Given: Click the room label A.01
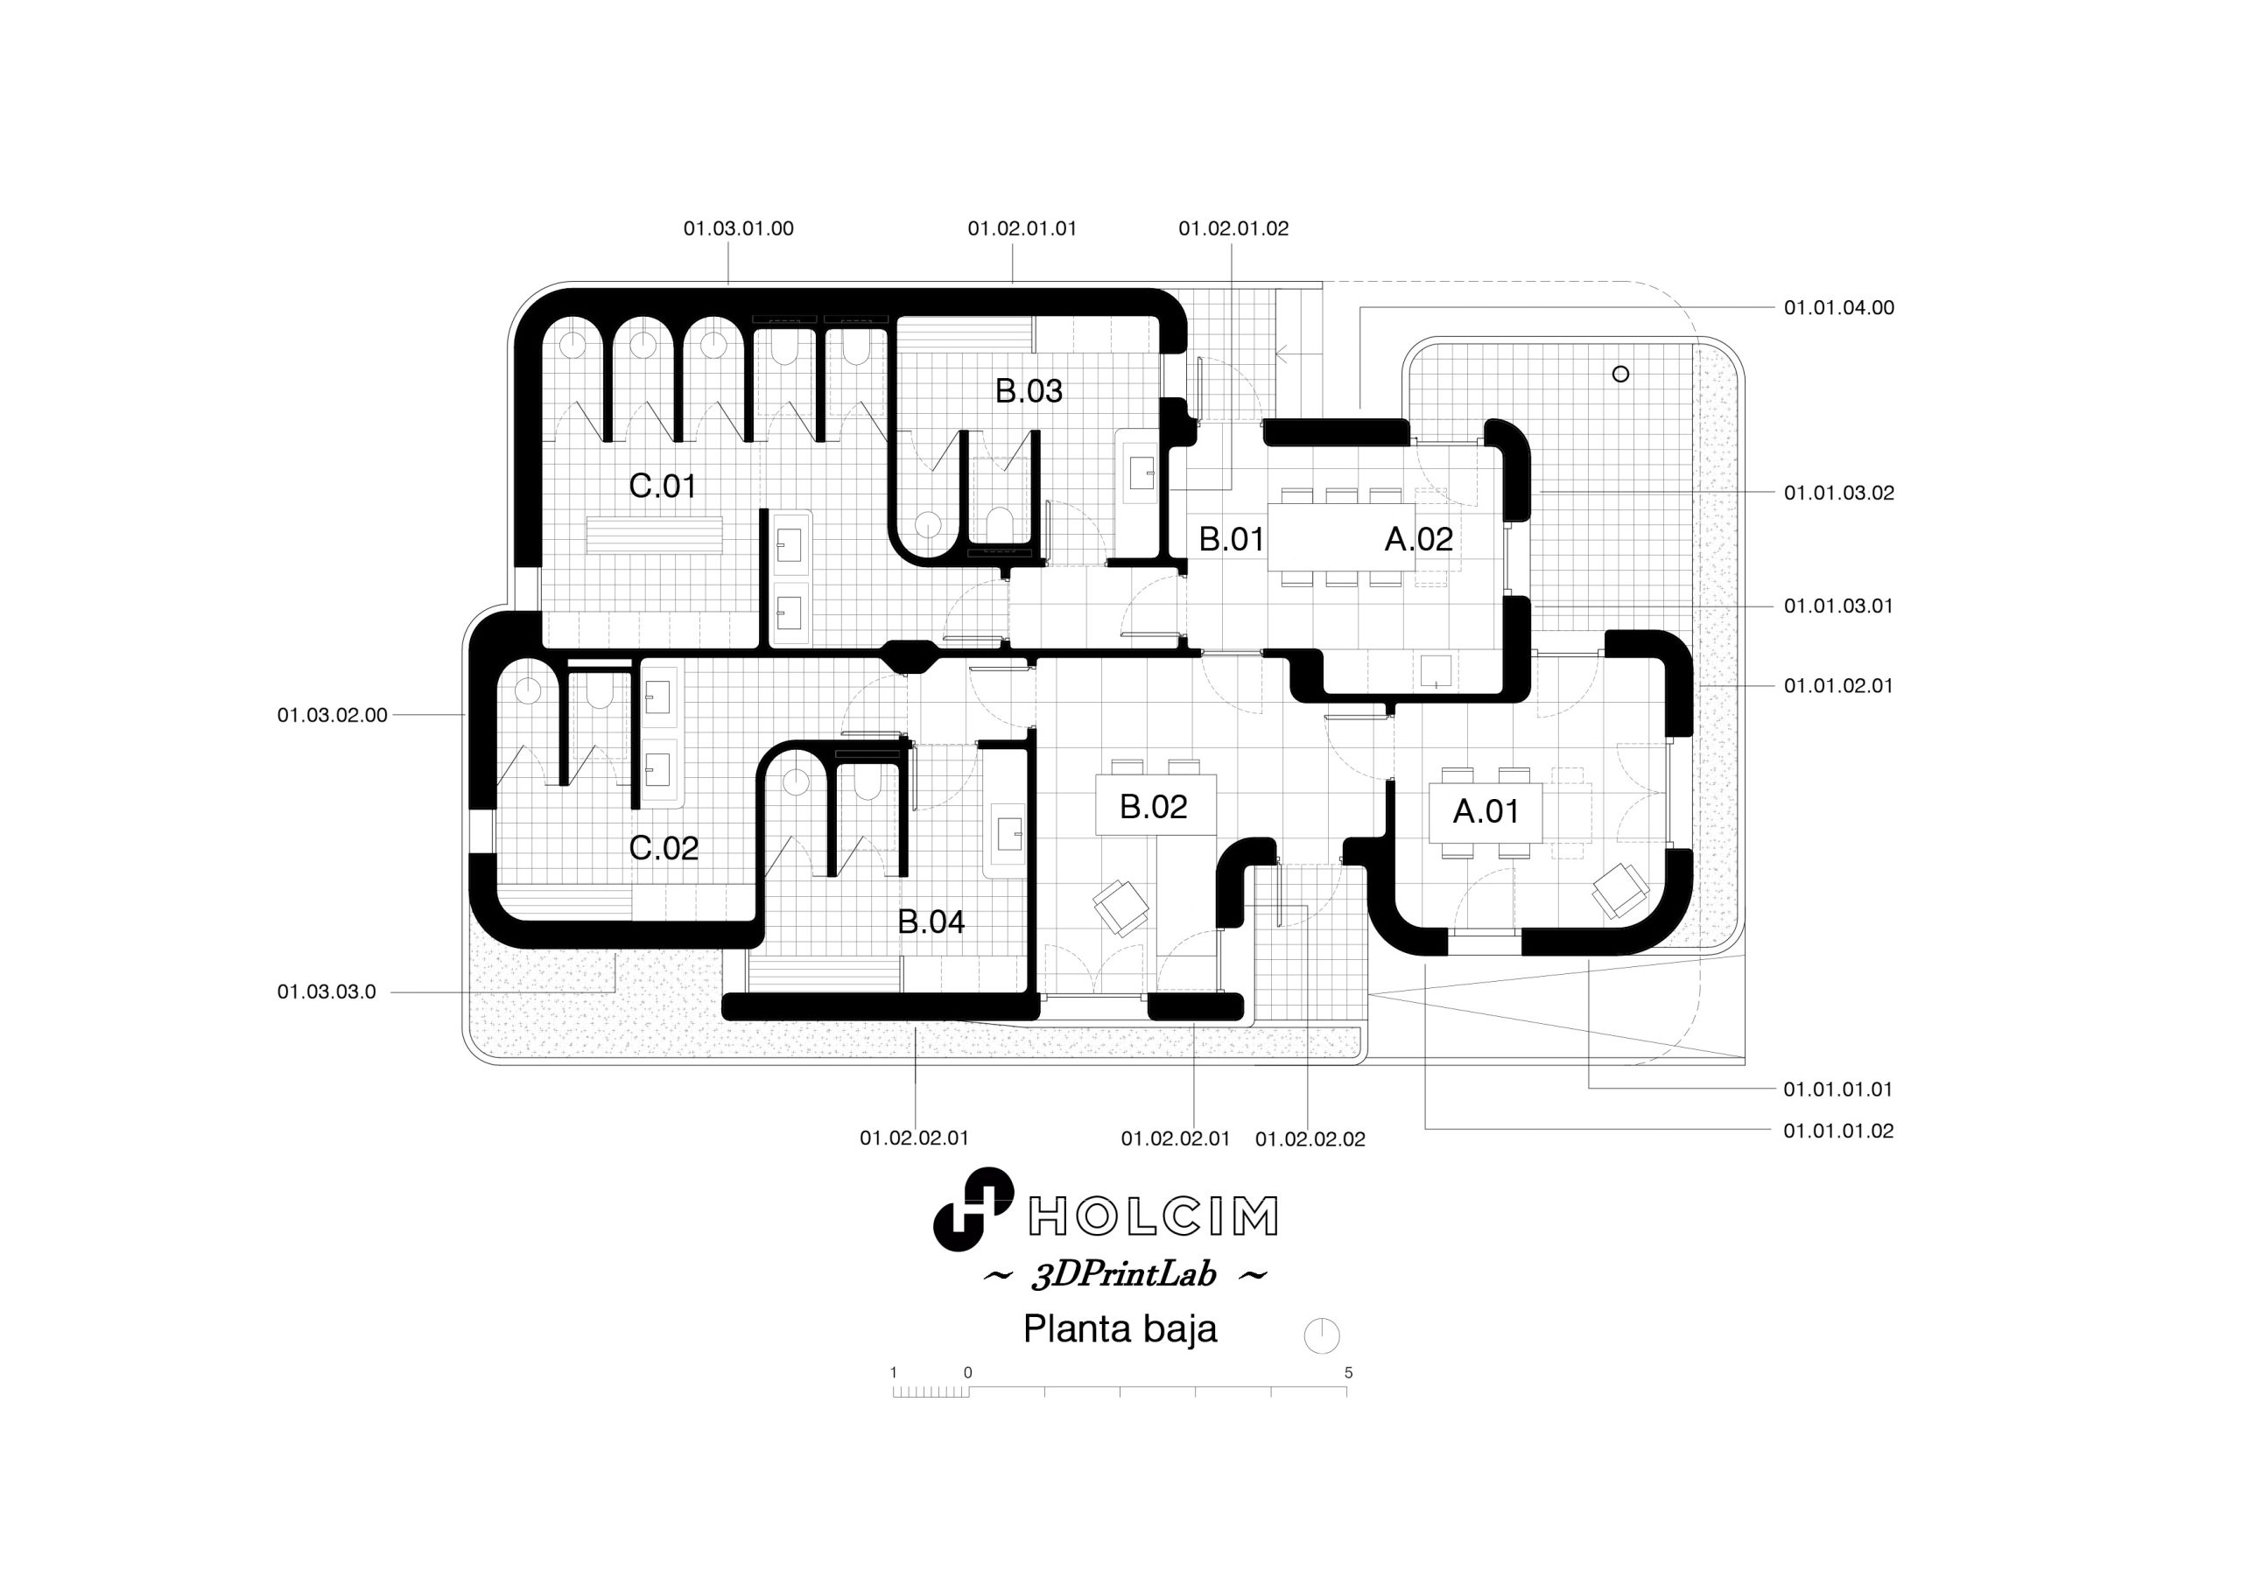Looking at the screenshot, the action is click(x=1486, y=812).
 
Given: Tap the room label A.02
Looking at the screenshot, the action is click(x=1418, y=539).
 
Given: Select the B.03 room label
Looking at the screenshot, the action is click(x=1029, y=391).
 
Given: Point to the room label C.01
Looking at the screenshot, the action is click(x=663, y=486).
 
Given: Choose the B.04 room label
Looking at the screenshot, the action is click(x=931, y=922).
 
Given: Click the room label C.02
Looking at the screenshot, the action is click(x=664, y=848).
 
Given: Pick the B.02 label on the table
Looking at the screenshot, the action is click(x=1154, y=807).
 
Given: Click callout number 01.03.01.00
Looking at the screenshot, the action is click(x=738, y=228).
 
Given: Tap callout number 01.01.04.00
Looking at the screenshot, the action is click(x=1839, y=308).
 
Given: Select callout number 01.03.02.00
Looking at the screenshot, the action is click(x=332, y=715).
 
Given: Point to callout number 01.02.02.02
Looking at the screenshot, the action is click(x=1310, y=1139).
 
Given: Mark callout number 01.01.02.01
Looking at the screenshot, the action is click(x=1839, y=686).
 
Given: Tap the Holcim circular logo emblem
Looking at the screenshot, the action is click(x=973, y=1209).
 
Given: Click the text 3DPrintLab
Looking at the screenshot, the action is click(x=1124, y=1276).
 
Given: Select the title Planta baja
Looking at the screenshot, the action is click(x=1120, y=1329).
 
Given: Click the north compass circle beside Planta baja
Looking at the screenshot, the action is click(x=1322, y=1336).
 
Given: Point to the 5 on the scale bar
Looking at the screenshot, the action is click(x=1348, y=1373).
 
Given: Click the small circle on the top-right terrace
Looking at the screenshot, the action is click(x=1620, y=374).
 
